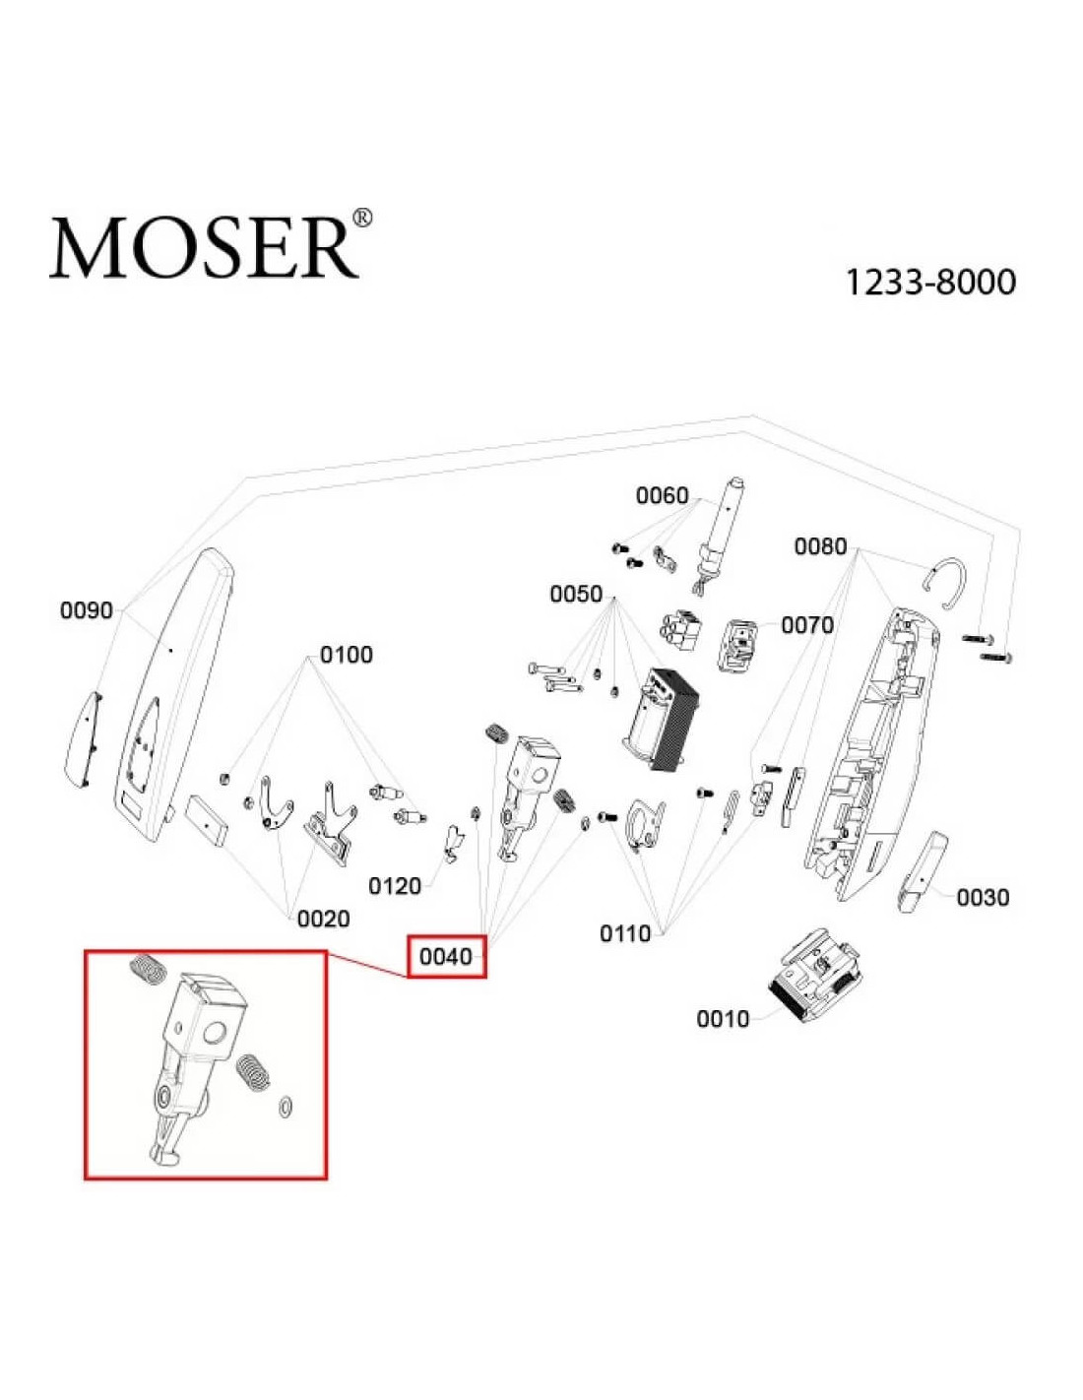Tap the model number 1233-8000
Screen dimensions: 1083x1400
pos(929,283)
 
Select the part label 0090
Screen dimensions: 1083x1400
pos(87,610)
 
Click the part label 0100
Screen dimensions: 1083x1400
pos(347,656)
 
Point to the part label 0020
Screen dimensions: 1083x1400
pos(323,919)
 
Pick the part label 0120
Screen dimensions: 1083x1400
pos(394,886)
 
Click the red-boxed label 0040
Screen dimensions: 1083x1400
pos(446,957)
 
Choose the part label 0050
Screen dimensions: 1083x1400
pos(576,594)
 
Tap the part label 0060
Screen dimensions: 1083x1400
pos(663,495)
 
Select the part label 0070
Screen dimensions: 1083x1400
pos(808,625)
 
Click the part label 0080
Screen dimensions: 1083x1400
pos(820,546)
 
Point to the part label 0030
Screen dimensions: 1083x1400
pos(984,898)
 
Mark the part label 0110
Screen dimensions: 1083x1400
pos(625,933)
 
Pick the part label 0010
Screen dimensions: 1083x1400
pos(724,1019)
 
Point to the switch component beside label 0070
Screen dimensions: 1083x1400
pos(738,644)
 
